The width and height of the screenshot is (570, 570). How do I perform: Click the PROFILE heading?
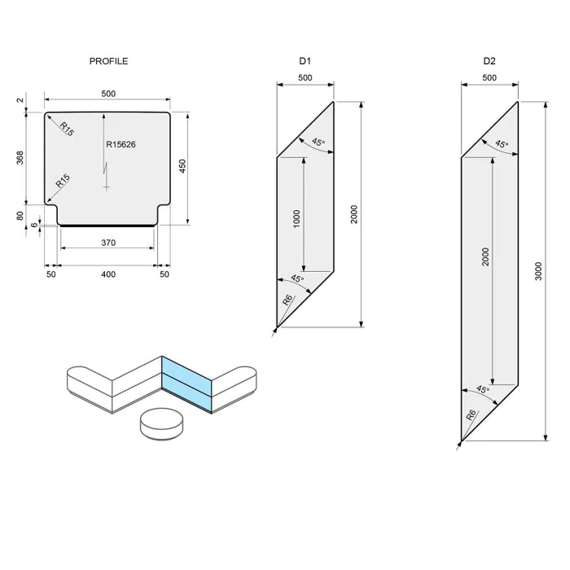point(108,61)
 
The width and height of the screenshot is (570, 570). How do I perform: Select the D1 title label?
point(305,61)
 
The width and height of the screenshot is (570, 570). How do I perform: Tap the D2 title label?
point(489,61)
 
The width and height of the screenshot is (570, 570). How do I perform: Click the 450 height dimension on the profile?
point(183,165)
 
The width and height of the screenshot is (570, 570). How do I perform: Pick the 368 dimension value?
point(20,157)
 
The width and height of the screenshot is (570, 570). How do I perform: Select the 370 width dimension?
point(108,243)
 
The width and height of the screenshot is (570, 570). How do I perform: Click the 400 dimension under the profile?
point(108,275)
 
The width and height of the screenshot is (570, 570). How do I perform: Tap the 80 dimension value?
point(20,216)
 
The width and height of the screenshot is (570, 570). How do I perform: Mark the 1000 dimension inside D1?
point(297,218)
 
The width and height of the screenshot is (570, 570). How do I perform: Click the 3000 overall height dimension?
point(539,272)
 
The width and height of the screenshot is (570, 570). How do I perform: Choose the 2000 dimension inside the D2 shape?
point(485,259)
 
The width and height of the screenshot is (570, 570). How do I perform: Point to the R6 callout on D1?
point(287,300)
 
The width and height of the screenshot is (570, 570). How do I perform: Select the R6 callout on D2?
point(471,414)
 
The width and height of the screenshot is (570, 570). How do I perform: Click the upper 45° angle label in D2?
point(502,144)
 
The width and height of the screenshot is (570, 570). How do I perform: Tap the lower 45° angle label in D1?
point(297,279)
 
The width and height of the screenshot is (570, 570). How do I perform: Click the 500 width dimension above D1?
point(305,78)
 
